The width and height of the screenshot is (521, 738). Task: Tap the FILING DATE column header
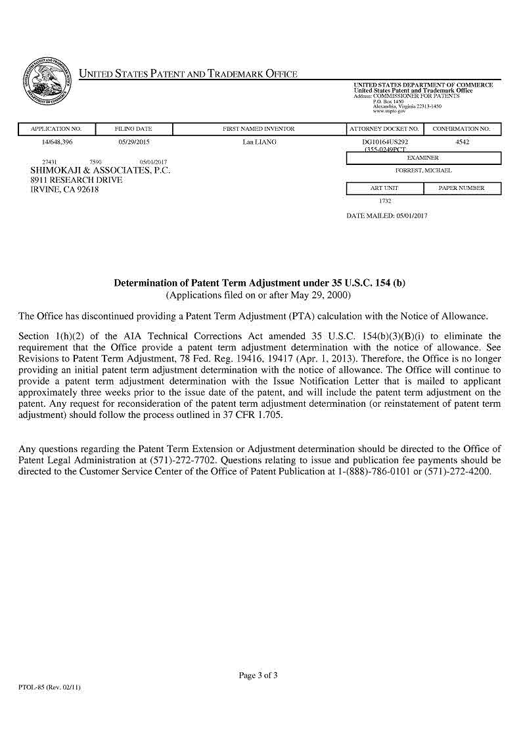pos(133,129)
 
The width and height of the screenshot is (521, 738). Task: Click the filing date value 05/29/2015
pos(134,142)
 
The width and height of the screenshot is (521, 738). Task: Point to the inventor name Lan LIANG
pos(259,142)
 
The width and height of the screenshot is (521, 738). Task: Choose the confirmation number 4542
pos(462,142)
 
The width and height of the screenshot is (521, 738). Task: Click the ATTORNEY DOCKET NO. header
pos(384,129)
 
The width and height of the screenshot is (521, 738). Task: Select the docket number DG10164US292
pos(385,142)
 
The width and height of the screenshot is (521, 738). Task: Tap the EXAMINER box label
pos(423,158)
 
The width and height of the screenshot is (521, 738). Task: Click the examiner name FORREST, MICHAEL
pos(423,171)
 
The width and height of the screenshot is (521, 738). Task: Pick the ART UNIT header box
pos(384,189)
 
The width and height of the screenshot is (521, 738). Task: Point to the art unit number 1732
pos(385,201)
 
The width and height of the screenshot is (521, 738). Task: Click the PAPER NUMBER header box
pos(462,189)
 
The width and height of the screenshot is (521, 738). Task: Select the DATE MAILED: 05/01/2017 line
pos(386,216)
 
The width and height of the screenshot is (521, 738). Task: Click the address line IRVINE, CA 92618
pos(64,190)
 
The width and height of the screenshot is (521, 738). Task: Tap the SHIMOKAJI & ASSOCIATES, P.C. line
pos(101,170)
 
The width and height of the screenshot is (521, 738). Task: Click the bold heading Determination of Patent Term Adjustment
pos(260,283)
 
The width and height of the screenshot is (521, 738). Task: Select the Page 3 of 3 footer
pos(258,675)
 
